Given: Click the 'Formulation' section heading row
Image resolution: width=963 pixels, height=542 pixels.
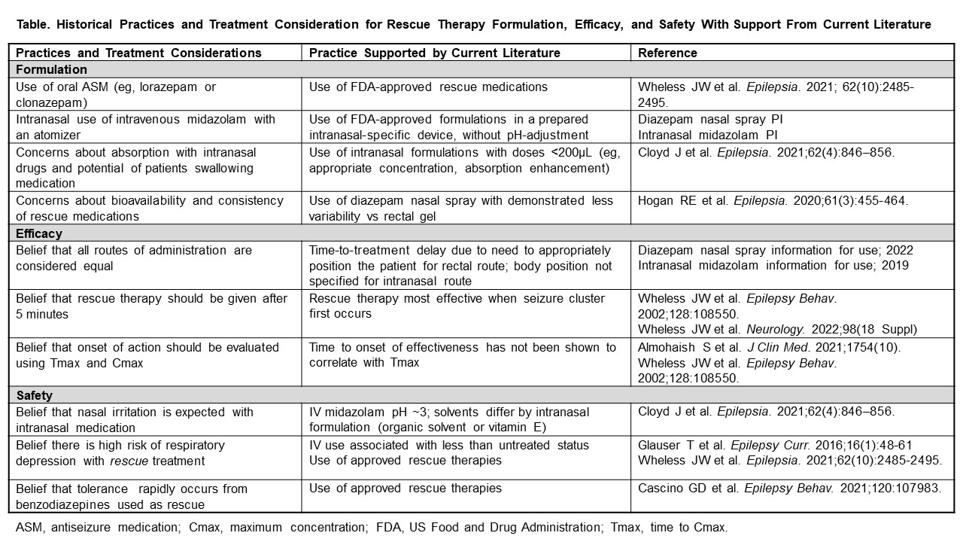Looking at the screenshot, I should (51, 69).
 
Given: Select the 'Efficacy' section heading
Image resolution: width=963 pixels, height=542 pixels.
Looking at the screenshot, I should (39, 233).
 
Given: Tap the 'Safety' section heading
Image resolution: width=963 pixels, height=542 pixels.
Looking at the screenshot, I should (35, 395).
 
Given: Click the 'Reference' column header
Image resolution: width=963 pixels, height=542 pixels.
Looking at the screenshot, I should (667, 53).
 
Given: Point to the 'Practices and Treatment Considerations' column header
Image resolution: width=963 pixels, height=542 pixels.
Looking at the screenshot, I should (138, 53).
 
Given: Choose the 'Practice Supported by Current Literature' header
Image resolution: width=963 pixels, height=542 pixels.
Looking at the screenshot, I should (434, 53).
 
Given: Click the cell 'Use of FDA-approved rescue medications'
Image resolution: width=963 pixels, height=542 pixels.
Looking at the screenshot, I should (428, 87).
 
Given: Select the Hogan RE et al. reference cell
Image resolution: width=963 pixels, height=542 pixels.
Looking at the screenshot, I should (773, 200).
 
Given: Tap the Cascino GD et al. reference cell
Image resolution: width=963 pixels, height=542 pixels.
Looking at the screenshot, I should (789, 488).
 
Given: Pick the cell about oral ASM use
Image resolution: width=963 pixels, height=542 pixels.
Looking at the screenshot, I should (116, 94).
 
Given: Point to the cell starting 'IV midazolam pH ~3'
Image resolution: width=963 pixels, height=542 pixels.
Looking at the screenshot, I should (449, 419).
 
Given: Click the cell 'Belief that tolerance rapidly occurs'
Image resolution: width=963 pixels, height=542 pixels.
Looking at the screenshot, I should (132, 496).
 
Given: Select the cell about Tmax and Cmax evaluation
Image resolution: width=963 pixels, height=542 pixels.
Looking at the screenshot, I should (147, 355).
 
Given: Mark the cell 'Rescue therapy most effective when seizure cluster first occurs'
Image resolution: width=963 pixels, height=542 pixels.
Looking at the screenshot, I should (457, 306).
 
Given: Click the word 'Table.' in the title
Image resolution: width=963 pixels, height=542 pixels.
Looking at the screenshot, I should (33, 25).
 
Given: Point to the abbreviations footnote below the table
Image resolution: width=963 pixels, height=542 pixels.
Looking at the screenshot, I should (372, 527).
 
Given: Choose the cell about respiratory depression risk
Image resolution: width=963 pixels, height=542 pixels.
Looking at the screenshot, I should (120, 452).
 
